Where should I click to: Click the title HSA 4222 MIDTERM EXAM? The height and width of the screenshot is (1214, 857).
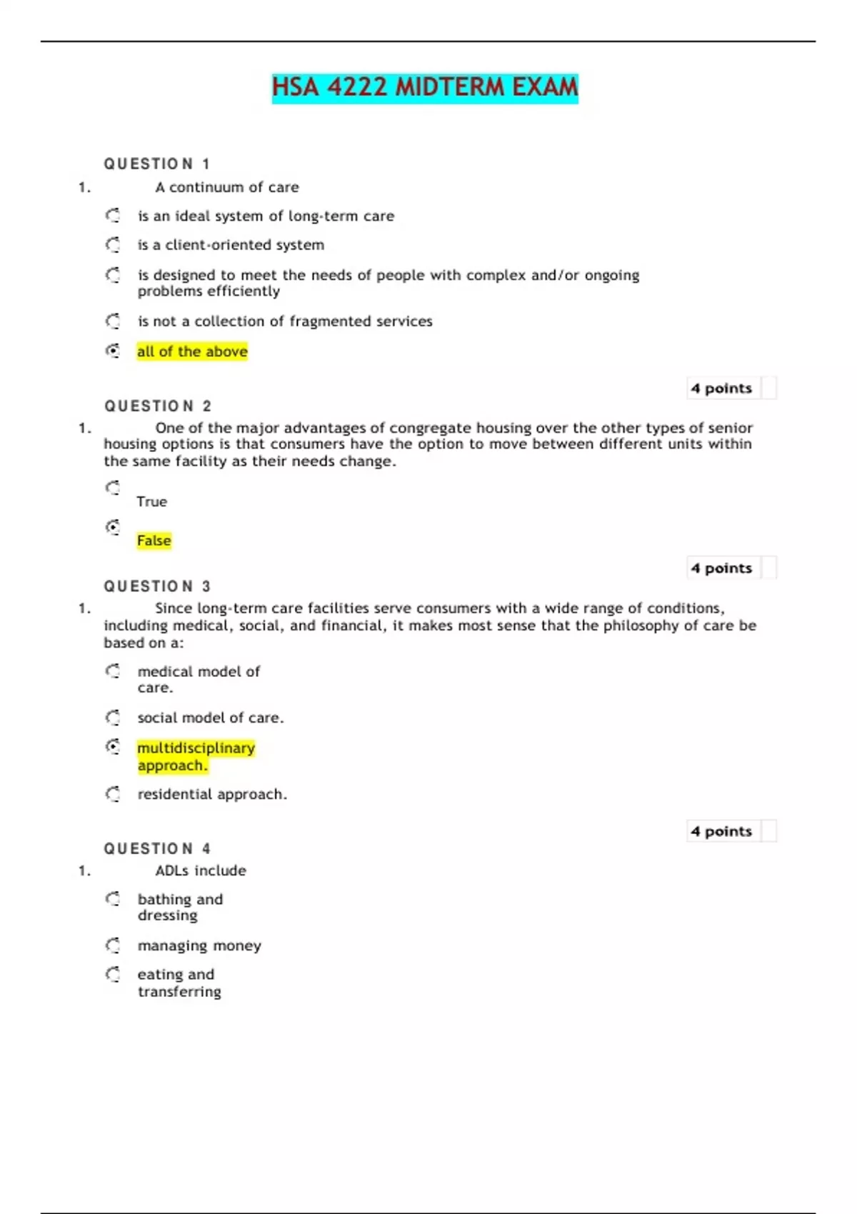click(x=425, y=88)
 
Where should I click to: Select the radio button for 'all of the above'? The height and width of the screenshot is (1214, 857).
click(x=113, y=351)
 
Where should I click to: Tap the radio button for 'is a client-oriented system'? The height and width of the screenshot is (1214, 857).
click(x=113, y=245)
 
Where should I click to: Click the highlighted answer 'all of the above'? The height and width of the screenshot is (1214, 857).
click(x=192, y=351)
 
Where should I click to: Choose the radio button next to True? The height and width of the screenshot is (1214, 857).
click(x=113, y=488)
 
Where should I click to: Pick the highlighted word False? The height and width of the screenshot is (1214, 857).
click(x=154, y=541)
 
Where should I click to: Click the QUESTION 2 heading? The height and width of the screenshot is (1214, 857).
click(x=158, y=406)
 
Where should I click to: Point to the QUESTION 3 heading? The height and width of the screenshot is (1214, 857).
click(x=158, y=586)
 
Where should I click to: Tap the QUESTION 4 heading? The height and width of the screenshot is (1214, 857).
click(x=158, y=849)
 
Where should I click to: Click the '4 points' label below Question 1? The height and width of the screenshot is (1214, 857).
click(x=721, y=388)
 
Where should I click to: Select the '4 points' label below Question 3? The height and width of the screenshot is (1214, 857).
click(x=721, y=831)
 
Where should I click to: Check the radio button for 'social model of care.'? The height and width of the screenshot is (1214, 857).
click(x=113, y=718)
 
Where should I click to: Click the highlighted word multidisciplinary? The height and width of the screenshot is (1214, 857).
click(x=196, y=748)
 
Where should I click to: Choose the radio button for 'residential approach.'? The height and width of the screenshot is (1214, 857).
click(x=113, y=794)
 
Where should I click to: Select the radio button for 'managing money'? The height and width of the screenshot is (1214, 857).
click(x=113, y=945)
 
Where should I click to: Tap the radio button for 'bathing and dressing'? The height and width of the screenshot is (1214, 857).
click(x=113, y=899)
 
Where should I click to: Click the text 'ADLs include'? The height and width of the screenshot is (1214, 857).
click(x=201, y=871)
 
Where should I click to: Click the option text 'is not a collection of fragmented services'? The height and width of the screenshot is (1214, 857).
click(x=285, y=321)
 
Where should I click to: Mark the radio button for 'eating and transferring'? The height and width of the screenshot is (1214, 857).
click(x=113, y=974)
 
